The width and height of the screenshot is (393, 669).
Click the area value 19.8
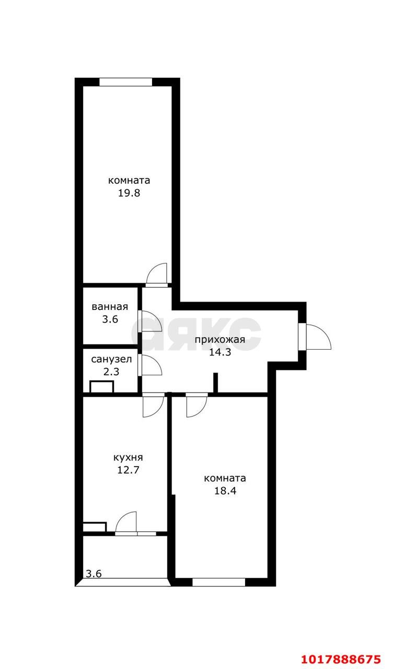pos(129,193)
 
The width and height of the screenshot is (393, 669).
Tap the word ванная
pos(110,307)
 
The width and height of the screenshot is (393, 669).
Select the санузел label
pos(111,359)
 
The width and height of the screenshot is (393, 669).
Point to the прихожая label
pos(220,340)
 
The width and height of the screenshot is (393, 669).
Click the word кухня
pos(128,457)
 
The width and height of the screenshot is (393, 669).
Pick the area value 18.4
pos(225,491)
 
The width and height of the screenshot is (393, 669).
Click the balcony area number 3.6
pos(94,574)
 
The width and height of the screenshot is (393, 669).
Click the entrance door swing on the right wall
pos(319,337)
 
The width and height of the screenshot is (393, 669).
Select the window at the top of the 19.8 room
pos(126,82)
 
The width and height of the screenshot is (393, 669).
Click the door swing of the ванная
pos(152,321)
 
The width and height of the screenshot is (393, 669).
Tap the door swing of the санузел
pos(152,365)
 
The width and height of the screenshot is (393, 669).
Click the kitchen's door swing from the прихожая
pos(154,407)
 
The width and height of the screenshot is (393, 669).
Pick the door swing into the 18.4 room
pos(197,407)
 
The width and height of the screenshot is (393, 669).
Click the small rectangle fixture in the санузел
pos(102,386)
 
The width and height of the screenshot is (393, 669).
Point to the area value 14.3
pos(220,352)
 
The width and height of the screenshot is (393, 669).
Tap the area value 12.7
pos(128,470)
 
